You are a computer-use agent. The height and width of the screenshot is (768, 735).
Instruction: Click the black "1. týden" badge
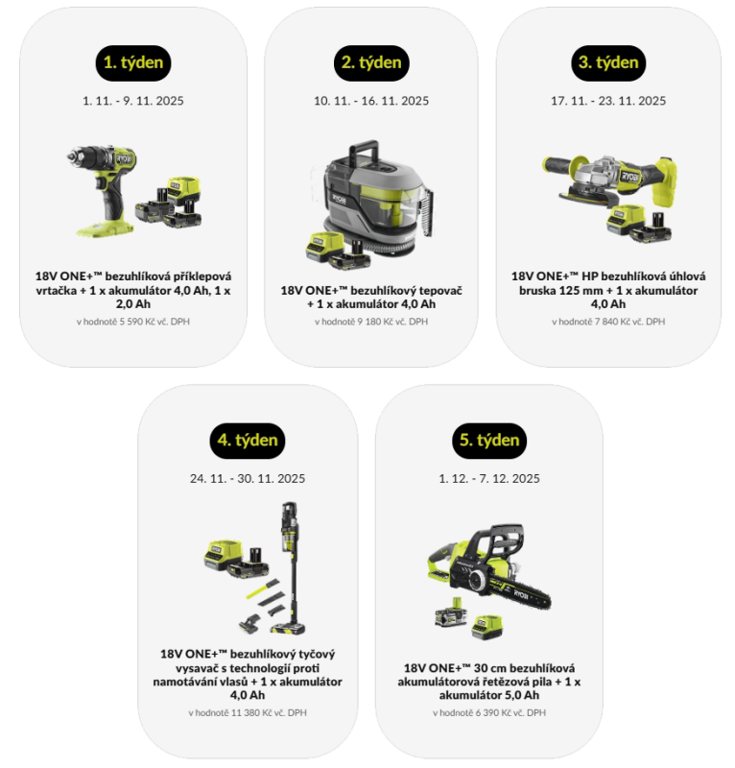coord(133,63)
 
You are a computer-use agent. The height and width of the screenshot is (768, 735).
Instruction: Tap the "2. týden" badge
coord(371,63)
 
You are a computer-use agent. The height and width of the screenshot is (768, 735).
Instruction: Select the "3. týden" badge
coord(608,63)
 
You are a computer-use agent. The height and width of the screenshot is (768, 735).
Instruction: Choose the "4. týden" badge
coord(248,441)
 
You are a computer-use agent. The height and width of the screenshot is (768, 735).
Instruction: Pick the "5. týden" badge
coord(489,441)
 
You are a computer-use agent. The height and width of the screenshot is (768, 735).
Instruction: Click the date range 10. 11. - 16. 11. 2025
coord(371,101)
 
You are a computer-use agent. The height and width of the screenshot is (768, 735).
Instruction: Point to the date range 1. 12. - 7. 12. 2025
coord(489,478)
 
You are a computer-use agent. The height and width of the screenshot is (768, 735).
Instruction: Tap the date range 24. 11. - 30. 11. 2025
coord(248,478)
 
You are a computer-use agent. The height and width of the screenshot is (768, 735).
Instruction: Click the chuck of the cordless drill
coord(75,156)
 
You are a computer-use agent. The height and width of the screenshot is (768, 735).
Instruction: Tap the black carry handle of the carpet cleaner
coord(364,152)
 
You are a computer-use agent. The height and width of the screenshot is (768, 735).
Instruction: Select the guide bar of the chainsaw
coord(520,595)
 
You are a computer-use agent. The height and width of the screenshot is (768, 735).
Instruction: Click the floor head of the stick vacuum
coord(288,628)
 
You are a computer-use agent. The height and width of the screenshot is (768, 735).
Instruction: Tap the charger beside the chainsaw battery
coord(486,627)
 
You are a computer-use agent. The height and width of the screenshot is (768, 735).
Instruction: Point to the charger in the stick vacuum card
coord(224,555)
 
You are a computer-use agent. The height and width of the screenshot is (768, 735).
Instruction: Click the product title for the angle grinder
coord(608,290)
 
